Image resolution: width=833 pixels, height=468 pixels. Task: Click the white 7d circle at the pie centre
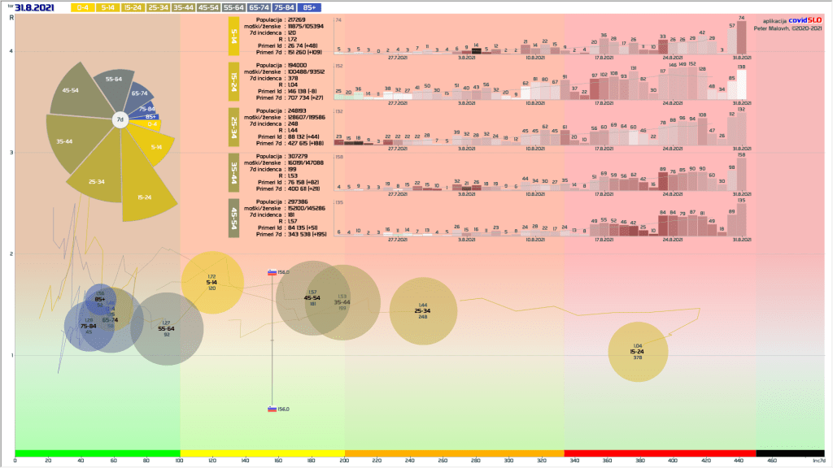pyautogui.click(x=120, y=120)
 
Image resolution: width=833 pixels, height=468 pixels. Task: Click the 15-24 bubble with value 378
pyautogui.click(x=638, y=352)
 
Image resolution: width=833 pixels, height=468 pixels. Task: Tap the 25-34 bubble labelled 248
pyautogui.click(x=422, y=311)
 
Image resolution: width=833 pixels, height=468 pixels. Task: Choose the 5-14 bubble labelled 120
pyautogui.click(x=212, y=283)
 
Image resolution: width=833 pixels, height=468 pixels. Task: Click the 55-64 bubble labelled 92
pyautogui.click(x=166, y=328)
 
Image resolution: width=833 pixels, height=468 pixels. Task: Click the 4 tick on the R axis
pyautogui.click(x=10, y=51)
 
